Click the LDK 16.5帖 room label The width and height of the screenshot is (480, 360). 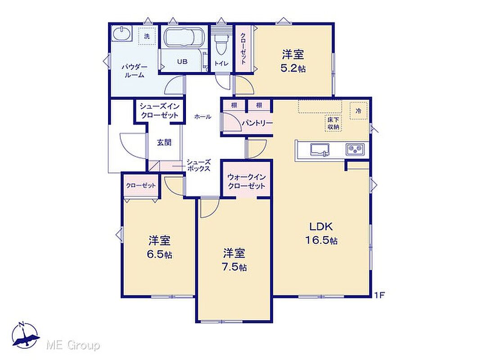[321, 234]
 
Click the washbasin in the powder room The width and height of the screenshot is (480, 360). [122, 34]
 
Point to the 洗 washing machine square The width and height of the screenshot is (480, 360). [147, 36]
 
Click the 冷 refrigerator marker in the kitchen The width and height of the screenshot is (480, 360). [358, 111]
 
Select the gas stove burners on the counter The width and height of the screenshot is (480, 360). [355, 149]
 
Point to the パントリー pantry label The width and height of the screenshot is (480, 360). [257, 123]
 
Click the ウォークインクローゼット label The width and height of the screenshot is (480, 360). [246, 181]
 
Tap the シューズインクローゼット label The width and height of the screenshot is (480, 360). [159, 111]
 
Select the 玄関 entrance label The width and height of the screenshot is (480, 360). [164, 142]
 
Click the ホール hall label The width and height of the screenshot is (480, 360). [202, 117]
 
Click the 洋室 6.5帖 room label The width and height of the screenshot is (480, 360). [159, 247]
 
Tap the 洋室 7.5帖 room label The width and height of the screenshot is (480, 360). [234, 260]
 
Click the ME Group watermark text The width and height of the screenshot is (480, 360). [73, 346]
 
